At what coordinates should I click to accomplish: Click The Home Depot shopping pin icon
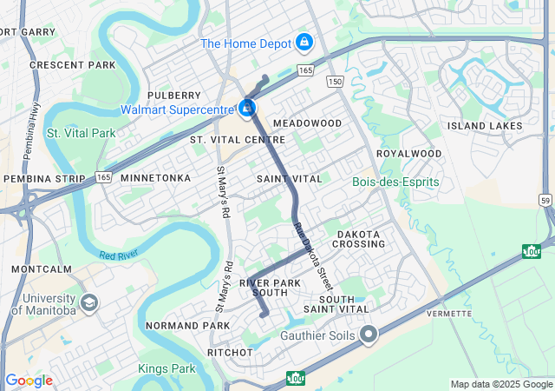304,42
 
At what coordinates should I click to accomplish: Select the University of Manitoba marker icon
88,302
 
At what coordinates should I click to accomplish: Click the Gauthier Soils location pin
369,334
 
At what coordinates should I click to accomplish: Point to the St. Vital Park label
81,133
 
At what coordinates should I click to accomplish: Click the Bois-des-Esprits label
395,182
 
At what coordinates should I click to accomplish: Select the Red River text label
120,255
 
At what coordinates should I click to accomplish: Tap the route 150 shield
336,81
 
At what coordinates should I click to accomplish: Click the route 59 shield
545,200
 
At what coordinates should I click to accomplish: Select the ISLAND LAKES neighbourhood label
485,126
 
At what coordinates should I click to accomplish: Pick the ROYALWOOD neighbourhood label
408,154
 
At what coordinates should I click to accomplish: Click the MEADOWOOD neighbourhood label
308,123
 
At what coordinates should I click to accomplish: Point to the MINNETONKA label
155,177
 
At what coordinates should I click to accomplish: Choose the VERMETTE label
449,313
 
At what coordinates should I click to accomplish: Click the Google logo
29,381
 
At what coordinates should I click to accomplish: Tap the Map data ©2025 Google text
500,384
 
